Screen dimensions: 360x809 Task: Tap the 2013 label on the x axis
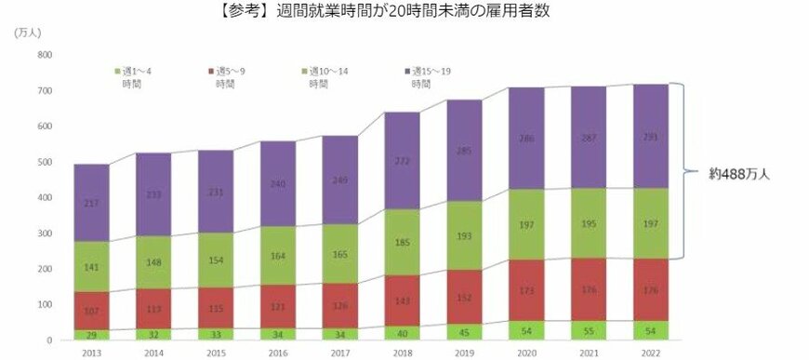(x=92, y=353)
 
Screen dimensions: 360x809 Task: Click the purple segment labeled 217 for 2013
(x=92, y=203)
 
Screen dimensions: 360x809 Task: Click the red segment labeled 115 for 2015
(x=217, y=308)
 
